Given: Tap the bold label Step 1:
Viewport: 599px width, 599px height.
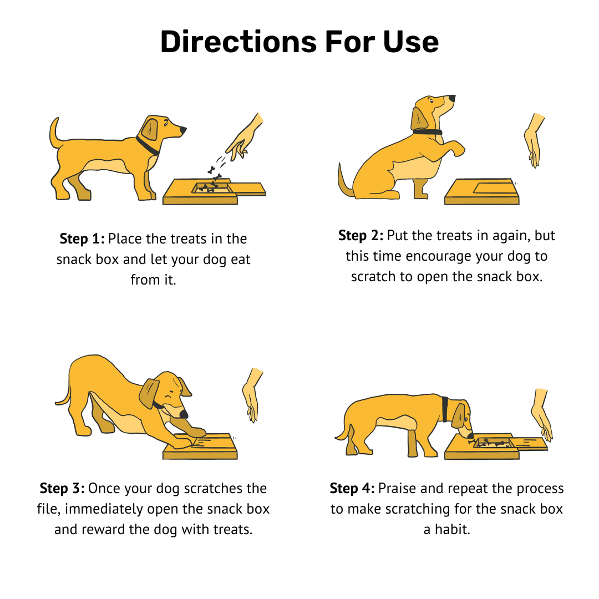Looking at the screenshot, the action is pyautogui.click(x=82, y=238).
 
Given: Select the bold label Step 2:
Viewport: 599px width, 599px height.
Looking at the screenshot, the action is pyautogui.click(x=361, y=235).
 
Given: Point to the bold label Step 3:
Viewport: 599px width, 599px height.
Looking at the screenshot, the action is pyautogui.click(x=62, y=488).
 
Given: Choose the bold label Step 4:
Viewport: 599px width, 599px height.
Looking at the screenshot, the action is pyautogui.click(x=352, y=488).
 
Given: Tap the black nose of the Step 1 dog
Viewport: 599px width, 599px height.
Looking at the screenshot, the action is pyautogui.click(x=183, y=130).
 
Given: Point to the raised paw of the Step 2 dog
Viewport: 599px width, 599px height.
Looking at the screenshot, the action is pyautogui.click(x=455, y=148).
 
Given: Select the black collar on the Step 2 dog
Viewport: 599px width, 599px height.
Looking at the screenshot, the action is pyautogui.click(x=428, y=132).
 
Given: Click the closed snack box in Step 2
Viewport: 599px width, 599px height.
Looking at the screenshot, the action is pyautogui.click(x=482, y=191).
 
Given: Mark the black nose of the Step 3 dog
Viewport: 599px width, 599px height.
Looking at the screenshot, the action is pyautogui.click(x=184, y=414).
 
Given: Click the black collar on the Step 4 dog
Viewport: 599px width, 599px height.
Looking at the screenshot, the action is pyautogui.click(x=445, y=409).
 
